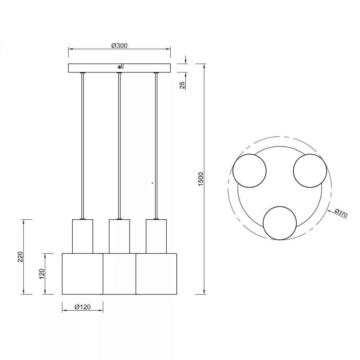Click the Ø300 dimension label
tap(120, 46)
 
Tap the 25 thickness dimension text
tap(182, 85)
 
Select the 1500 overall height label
tap(201, 179)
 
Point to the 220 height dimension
tap(21, 257)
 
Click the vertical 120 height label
tap(42, 274)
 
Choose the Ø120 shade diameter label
tap(83, 307)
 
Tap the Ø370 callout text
tap(341, 213)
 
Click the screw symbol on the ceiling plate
tap(119, 67)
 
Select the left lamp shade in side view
tap(83, 274)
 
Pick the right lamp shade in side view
tap(156, 274)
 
